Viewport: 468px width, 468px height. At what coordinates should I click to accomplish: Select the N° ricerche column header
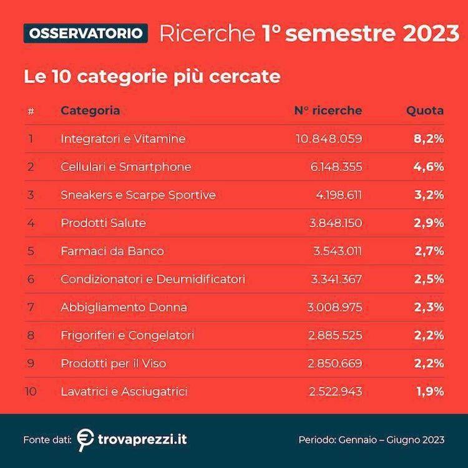tap(328, 110)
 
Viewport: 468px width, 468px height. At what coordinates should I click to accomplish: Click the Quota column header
tap(425, 110)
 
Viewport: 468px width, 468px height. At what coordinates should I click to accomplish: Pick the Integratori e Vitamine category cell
tap(123, 139)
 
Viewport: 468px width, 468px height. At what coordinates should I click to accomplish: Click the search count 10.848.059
tap(328, 139)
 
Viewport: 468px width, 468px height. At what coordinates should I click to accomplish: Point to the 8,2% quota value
tap(429, 139)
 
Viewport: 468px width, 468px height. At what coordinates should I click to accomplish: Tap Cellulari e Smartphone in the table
tap(126, 167)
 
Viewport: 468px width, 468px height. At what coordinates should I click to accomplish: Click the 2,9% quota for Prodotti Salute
tap(429, 223)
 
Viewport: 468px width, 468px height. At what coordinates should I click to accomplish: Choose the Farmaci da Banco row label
tap(112, 251)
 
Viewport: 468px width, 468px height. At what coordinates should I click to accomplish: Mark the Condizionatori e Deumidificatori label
tap(153, 280)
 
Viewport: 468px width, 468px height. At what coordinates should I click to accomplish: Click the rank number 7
tap(30, 308)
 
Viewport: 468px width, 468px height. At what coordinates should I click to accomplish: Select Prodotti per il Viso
tap(114, 364)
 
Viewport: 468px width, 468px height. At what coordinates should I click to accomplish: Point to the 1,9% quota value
tap(429, 392)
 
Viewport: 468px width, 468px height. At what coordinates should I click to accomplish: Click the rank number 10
tap(32, 392)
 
